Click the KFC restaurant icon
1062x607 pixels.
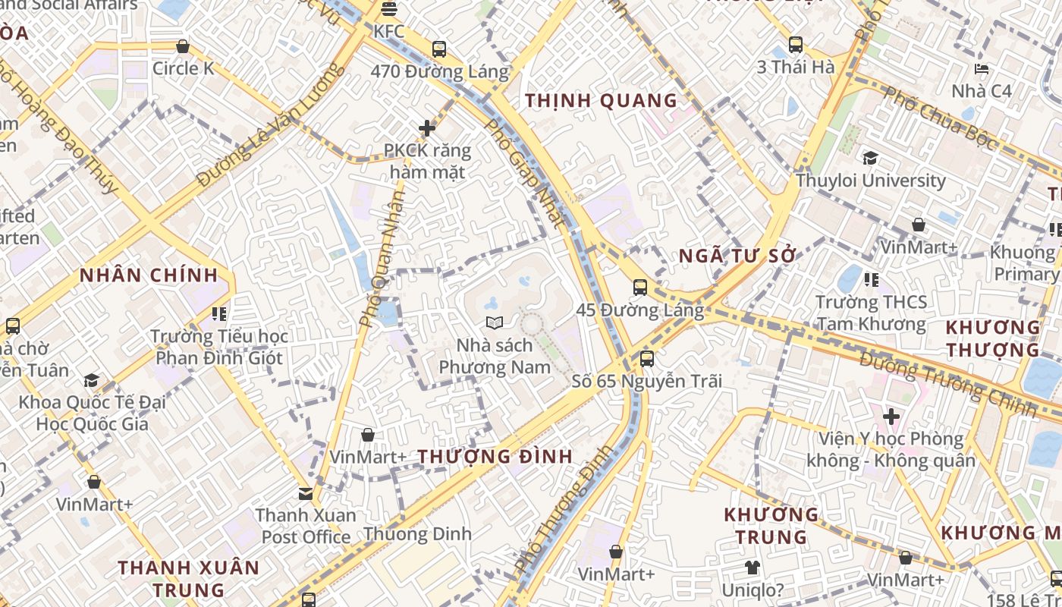tap(389, 9)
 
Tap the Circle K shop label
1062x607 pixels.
tap(183, 68)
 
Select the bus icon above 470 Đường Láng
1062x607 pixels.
tap(439, 49)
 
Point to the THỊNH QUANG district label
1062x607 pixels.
tap(601, 100)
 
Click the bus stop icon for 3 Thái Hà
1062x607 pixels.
tap(795, 45)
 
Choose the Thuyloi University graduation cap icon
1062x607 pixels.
tap(870, 158)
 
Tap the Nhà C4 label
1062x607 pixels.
tap(982, 91)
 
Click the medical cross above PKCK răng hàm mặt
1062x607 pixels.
tap(427, 128)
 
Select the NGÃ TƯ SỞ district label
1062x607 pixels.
tap(737, 256)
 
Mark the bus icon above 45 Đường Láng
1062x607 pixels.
tap(640, 288)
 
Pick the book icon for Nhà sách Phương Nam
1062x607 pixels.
tap(495, 323)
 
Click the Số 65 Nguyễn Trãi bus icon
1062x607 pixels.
tap(647, 358)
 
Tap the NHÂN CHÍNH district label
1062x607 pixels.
tap(149, 275)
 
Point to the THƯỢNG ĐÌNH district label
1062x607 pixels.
tap(495, 457)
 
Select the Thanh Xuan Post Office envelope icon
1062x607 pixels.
tap(306, 494)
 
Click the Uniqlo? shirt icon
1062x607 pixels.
tap(752, 567)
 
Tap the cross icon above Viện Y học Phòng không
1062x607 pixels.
tap(891, 417)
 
